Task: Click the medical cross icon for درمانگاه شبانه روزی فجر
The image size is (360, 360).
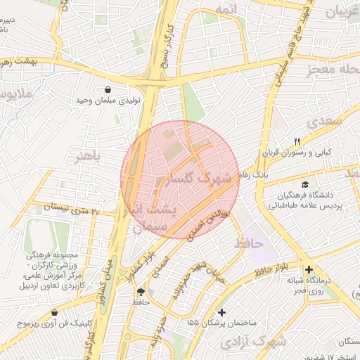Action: [309, 269]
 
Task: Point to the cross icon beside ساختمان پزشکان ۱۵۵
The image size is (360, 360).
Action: [222, 311]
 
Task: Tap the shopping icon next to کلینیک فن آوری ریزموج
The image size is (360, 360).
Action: [55, 312]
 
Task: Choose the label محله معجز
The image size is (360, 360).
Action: [333, 70]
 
